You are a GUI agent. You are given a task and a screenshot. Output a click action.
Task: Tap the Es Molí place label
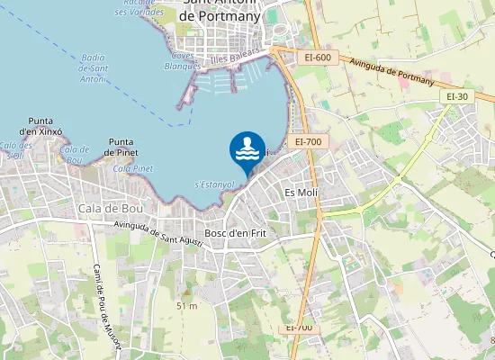(301, 193)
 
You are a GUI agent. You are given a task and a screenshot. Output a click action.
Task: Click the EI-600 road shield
(317, 58)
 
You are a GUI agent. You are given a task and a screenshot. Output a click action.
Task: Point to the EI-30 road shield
(457, 96)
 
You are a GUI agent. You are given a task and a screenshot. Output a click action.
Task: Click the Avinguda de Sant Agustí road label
(159, 233)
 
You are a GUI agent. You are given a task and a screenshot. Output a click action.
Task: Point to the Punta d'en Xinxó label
(44, 126)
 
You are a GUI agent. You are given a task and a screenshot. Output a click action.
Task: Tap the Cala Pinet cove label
(133, 168)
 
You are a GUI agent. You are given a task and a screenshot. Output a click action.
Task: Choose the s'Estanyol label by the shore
(215, 184)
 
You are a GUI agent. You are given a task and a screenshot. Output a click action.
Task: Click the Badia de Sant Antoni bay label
(94, 67)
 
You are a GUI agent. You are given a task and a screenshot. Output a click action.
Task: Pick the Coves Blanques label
(183, 60)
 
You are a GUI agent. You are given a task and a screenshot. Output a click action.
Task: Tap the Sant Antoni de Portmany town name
(220, 9)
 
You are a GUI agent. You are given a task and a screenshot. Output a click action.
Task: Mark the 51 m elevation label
(186, 306)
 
